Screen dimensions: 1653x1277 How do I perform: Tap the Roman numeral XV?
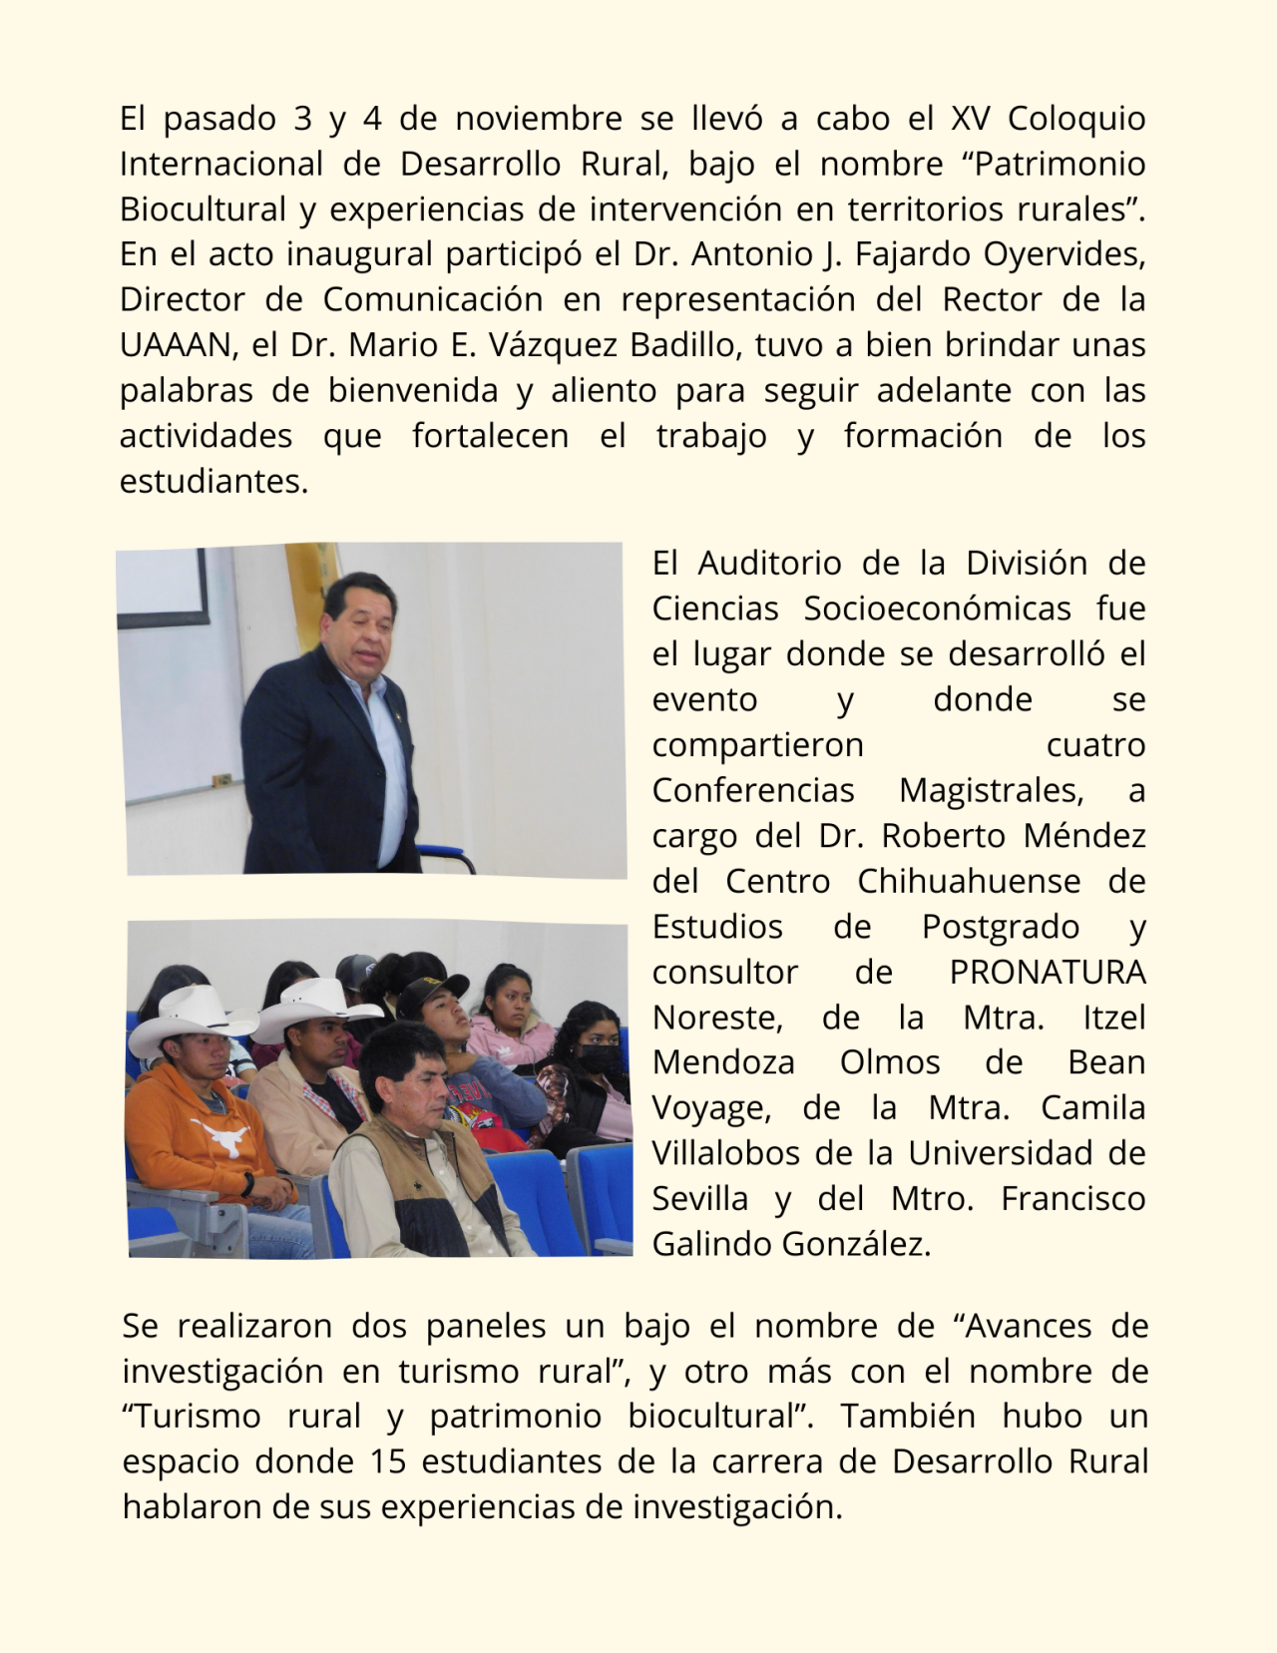pyautogui.click(x=970, y=119)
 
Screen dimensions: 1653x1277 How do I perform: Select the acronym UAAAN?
pyautogui.click(x=176, y=345)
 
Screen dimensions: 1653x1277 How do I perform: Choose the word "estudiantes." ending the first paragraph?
pyautogui.click(x=213, y=481)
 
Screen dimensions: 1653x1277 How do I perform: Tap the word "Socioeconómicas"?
pyautogui.click(x=937, y=609)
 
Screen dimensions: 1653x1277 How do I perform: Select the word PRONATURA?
pyautogui.click(x=1048, y=972)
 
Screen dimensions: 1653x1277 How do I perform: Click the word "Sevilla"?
pyautogui.click(x=699, y=1198)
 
